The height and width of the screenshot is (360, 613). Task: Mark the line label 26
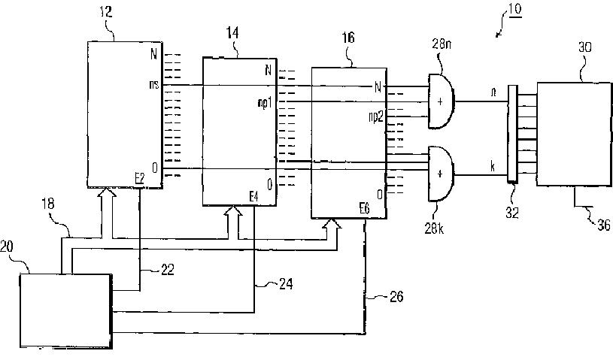click(x=394, y=297)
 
